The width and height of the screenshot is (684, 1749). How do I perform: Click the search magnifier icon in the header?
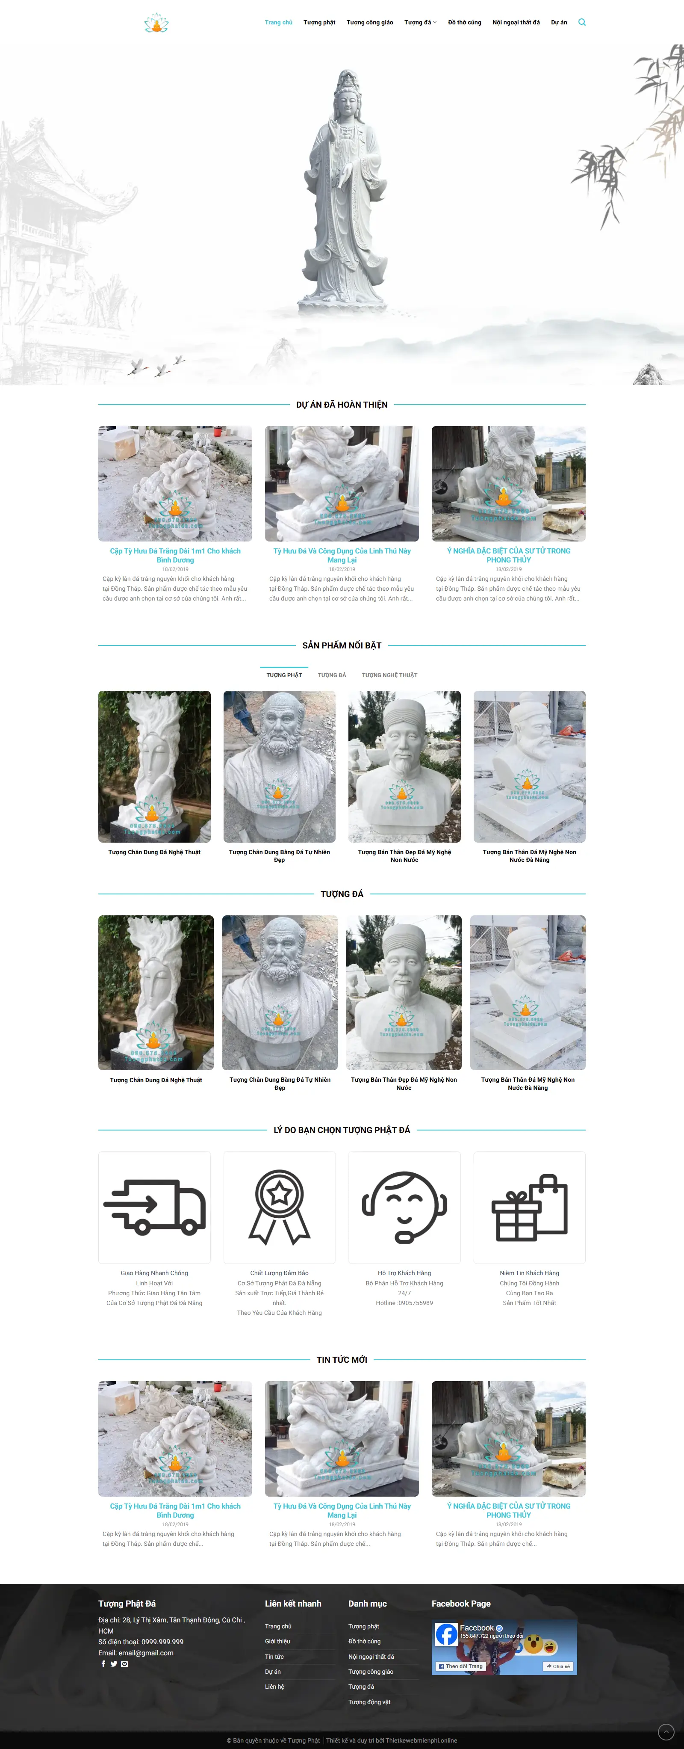(581, 22)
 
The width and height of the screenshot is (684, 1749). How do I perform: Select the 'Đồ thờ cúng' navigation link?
(464, 22)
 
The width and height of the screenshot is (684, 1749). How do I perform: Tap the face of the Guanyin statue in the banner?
(348, 105)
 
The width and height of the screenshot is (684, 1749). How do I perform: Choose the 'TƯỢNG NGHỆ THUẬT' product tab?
(389, 675)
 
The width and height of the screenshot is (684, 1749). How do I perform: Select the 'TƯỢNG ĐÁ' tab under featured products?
(332, 675)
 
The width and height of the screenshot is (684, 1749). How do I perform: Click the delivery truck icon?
(155, 1207)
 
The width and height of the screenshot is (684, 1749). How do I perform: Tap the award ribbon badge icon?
(279, 1207)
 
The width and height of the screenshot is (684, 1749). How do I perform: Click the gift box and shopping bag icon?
(529, 1207)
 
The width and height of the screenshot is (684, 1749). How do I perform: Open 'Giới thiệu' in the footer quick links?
(277, 1641)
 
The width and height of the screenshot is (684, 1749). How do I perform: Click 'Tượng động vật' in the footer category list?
(369, 1702)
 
